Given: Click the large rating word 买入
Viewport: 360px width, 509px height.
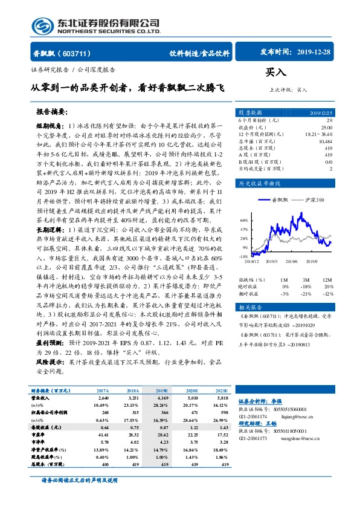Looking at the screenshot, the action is coord(275,73).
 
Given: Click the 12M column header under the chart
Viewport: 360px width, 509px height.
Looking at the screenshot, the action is coord(327,280).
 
